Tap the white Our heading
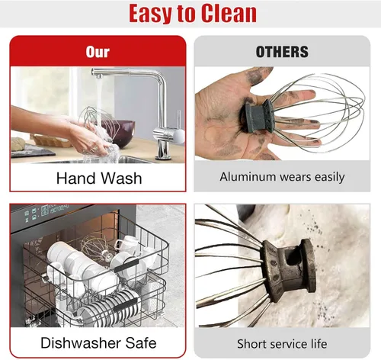coord(98,52)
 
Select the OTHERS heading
coord(282,52)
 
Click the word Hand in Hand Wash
coord(76,178)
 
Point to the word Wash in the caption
coord(121,178)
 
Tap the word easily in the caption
coord(329,177)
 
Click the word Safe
coord(141,342)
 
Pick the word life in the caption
coord(319,344)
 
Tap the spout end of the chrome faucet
coord(98,76)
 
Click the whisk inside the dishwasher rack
coord(97,248)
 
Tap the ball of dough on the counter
coord(18,143)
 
